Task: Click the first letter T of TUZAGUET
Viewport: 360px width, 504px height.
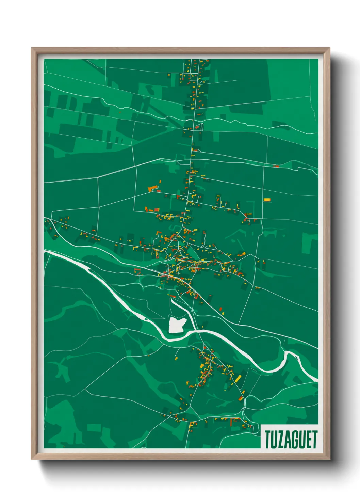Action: [x=267, y=440]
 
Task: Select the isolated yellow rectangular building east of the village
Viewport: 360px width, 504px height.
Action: [x=267, y=200]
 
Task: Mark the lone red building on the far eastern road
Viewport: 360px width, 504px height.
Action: [x=276, y=166]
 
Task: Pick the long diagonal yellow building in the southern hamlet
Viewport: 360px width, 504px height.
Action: [x=238, y=378]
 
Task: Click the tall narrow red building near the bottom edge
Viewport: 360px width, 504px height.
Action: [x=231, y=422]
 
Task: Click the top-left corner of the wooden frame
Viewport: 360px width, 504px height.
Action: [x=32, y=48]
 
